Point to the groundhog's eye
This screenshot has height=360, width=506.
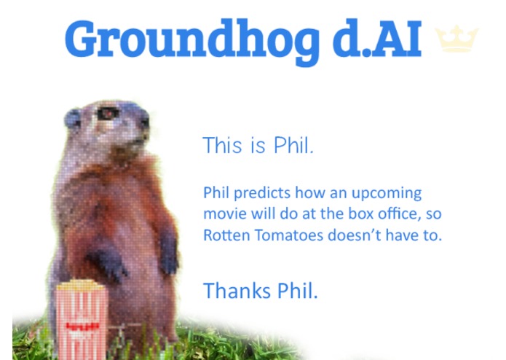(107, 114)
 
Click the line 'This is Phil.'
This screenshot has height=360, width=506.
(258, 145)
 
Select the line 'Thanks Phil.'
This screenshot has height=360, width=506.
(261, 290)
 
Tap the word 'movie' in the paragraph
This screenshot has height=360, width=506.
(224, 215)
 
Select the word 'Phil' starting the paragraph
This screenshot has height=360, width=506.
(216, 194)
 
